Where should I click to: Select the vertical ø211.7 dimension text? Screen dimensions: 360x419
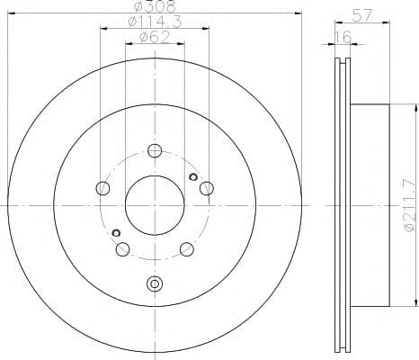[x=410, y=208]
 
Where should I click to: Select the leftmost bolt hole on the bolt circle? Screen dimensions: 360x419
[x=103, y=188]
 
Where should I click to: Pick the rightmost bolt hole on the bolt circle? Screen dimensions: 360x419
[x=207, y=187]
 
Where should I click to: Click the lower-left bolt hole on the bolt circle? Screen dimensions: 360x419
[x=123, y=249]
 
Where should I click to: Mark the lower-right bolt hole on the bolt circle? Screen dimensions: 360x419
[x=186, y=249]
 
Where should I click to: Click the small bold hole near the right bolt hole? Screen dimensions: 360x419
[x=193, y=176]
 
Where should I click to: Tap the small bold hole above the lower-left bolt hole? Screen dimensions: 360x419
[x=116, y=233]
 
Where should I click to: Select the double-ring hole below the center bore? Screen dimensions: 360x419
[x=155, y=284]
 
